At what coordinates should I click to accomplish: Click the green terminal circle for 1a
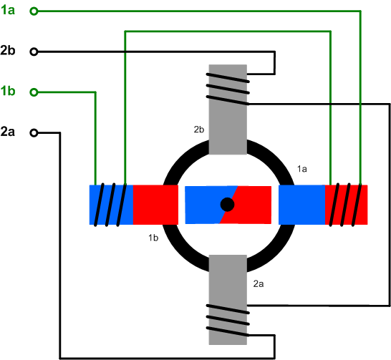click(x=34, y=11)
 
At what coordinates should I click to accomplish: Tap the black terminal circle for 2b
click(x=34, y=52)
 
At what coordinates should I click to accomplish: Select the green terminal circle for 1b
click(x=34, y=92)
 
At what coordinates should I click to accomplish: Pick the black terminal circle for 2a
click(x=34, y=132)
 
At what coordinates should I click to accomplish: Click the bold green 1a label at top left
click(x=8, y=10)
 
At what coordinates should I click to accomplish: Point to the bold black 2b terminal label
click(x=8, y=51)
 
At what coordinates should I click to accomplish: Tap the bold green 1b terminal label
click(x=8, y=91)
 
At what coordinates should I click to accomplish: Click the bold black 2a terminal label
click(x=8, y=132)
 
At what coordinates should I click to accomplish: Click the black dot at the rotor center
click(x=227, y=205)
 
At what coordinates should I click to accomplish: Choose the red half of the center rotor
click(x=249, y=205)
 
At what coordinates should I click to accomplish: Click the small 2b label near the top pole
click(x=199, y=130)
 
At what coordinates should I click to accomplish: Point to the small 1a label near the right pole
click(x=301, y=169)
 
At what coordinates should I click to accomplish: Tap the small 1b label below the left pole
click(x=153, y=238)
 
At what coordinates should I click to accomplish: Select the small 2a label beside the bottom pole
click(x=259, y=283)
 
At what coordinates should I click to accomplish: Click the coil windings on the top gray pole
click(x=228, y=89)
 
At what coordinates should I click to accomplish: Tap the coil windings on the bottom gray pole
click(x=228, y=320)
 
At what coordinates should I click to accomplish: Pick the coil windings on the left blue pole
click(x=110, y=205)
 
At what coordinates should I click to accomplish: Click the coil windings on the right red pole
click(x=346, y=205)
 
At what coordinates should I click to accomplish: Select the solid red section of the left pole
click(x=155, y=205)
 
